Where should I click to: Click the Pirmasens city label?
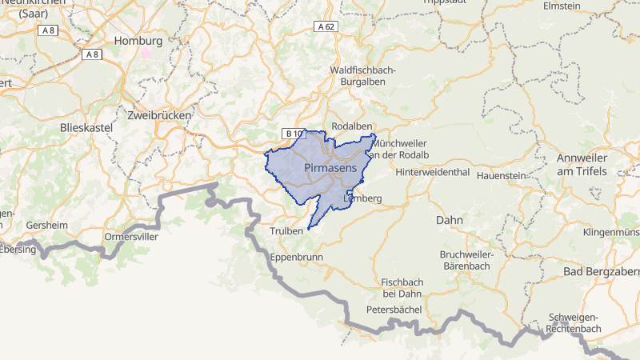330,167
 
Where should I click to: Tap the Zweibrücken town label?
159,115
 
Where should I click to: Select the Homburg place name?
138,41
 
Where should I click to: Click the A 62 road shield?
326,27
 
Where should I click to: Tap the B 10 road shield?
294,134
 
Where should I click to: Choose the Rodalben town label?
353,126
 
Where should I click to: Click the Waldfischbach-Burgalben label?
362,76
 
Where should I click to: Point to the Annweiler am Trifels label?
582,165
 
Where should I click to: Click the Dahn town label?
450,219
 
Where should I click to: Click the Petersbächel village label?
394,309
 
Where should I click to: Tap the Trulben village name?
286,230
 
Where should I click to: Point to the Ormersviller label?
132,237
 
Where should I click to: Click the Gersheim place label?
47,226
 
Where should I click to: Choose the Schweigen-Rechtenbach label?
574,323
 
